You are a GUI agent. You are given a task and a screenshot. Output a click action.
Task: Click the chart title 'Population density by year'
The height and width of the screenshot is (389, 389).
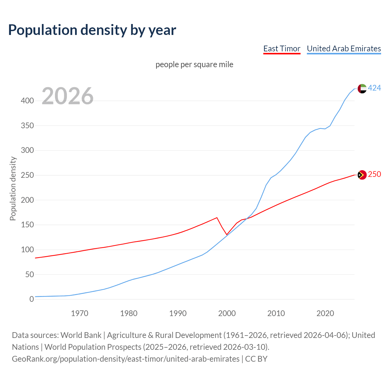point(92,30)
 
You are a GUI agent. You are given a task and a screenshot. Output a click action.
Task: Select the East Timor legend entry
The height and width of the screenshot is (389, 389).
point(282,49)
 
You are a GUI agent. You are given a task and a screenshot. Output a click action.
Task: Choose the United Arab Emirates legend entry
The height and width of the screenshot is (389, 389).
point(344,49)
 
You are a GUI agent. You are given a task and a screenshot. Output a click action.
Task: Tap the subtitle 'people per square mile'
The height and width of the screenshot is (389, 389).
point(194,64)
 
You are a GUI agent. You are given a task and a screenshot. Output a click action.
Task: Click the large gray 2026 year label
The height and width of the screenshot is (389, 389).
point(67,96)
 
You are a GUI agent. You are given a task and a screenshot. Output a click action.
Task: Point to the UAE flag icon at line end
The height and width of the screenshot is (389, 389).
point(362,88)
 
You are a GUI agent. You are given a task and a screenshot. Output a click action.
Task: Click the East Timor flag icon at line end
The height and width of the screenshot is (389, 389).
point(362,175)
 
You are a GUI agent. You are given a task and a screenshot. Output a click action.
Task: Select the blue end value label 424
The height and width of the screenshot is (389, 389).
point(374,88)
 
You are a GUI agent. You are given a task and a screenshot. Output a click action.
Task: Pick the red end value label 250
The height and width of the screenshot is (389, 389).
point(374,174)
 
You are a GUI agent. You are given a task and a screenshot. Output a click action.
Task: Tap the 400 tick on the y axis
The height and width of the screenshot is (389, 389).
point(27,101)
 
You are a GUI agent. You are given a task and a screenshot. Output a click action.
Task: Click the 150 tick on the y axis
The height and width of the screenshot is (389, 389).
point(27,225)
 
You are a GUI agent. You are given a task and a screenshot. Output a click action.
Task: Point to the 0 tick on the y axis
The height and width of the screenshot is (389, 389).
point(32,299)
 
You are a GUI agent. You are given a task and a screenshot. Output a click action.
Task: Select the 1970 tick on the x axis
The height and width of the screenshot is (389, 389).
point(80,313)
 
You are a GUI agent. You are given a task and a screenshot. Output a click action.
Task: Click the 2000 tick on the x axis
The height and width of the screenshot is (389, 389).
point(227,313)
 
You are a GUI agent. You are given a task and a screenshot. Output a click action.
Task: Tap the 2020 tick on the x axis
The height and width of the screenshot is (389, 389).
point(325,313)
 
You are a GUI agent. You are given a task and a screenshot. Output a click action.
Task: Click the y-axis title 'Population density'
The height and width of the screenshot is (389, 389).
point(13,188)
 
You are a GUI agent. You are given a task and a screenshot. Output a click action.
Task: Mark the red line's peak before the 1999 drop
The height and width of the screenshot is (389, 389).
point(217,218)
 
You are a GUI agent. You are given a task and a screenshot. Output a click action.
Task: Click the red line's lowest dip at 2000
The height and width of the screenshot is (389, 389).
point(227,235)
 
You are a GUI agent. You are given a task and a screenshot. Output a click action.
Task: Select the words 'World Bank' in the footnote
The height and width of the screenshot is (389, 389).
point(81,335)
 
